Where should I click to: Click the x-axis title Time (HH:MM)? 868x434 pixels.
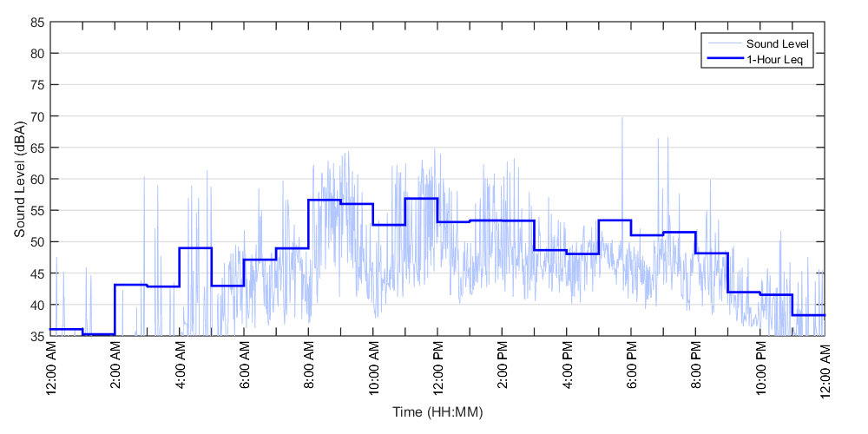(x=437, y=411)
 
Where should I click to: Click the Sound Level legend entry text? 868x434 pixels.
(x=779, y=43)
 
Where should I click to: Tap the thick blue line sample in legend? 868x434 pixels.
(x=723, y=59)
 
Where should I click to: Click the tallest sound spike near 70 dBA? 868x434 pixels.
(x=621, y=118)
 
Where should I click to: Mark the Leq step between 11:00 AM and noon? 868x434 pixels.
(x=421, y=199)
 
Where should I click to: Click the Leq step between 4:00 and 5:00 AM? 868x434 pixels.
(x=195, y=248)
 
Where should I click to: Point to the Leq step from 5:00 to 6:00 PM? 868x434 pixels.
(x=615, y=220)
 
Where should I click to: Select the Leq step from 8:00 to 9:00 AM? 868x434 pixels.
(x=325, y=201)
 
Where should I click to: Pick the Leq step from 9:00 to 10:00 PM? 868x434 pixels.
(x=744, y=292)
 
